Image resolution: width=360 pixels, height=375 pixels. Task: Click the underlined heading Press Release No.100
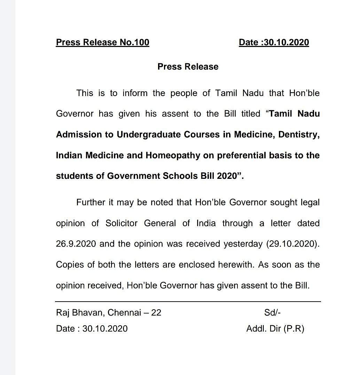click(x=102, y=42)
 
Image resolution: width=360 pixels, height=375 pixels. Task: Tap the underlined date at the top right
click(x=274, y=42)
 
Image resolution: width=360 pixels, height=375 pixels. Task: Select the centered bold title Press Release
click(x=188, y=67)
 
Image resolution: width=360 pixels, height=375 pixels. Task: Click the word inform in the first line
click(x=135, y=93)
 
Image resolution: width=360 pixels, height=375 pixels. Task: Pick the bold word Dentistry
click(x=299, y=135)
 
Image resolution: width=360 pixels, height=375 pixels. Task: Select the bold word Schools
click(x=180, y=176)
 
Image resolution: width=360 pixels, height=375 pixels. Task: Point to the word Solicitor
click(x=122, y=223)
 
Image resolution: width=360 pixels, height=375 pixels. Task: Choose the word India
click(x=206, y=223)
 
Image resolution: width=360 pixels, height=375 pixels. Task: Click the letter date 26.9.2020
click(x=76, y=244)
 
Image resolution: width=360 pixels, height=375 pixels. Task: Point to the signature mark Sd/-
click(x=272, y=312)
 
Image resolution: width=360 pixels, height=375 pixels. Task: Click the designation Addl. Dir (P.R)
click(x=275, y=328)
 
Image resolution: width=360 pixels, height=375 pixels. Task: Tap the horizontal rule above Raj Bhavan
click(x=188, y=302)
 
